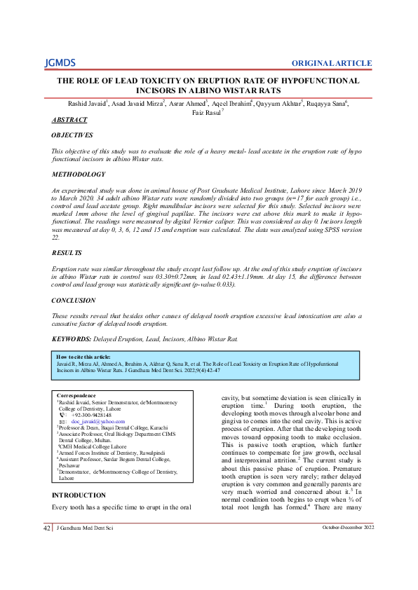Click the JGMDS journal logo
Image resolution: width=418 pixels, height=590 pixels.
tap(60, 63)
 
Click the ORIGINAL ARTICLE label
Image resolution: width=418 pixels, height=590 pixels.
tap(332, 63)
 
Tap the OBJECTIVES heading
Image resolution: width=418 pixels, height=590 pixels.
tap(72, 135)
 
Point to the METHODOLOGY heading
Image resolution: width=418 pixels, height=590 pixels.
tap(79, 174)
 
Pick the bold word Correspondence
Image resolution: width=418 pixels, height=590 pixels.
tap(76, 395)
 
